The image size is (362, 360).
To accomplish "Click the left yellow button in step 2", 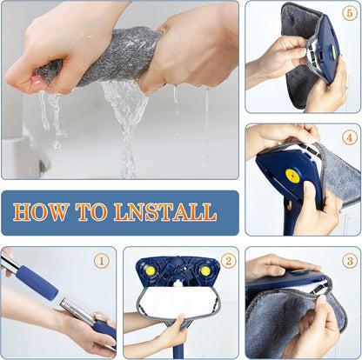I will point(151,271).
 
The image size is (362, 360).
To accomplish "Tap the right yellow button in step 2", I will point(204,271).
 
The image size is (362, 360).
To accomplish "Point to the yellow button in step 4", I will point(292,177).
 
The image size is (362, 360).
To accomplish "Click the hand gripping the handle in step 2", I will point(172,335).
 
